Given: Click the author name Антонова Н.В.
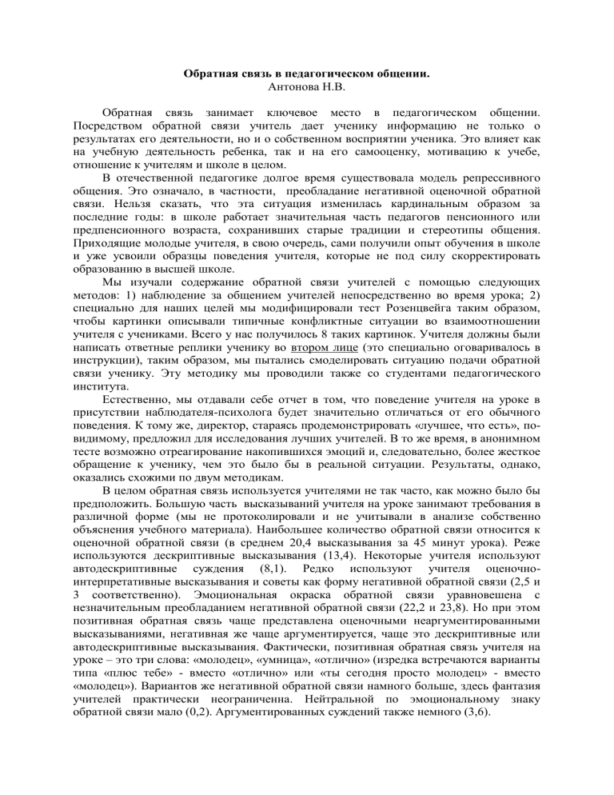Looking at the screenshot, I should click(x=307, y=87).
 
